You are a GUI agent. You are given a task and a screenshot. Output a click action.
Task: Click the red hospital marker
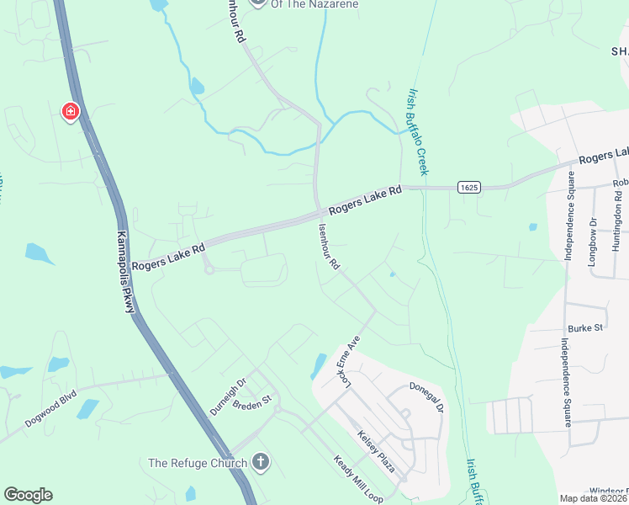pos(70,111)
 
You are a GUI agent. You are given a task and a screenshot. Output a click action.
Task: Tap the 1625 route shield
pos(469,187)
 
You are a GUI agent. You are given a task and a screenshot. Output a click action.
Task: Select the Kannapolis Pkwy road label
pos(125,273)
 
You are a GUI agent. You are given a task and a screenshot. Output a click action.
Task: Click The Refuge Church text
pos(198,462)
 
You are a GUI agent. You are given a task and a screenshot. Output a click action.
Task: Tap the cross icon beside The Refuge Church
pos(261,461)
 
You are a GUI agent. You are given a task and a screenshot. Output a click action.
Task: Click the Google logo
pos(28,495)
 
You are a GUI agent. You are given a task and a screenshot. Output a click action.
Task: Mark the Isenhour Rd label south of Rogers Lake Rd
pos(329,247)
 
